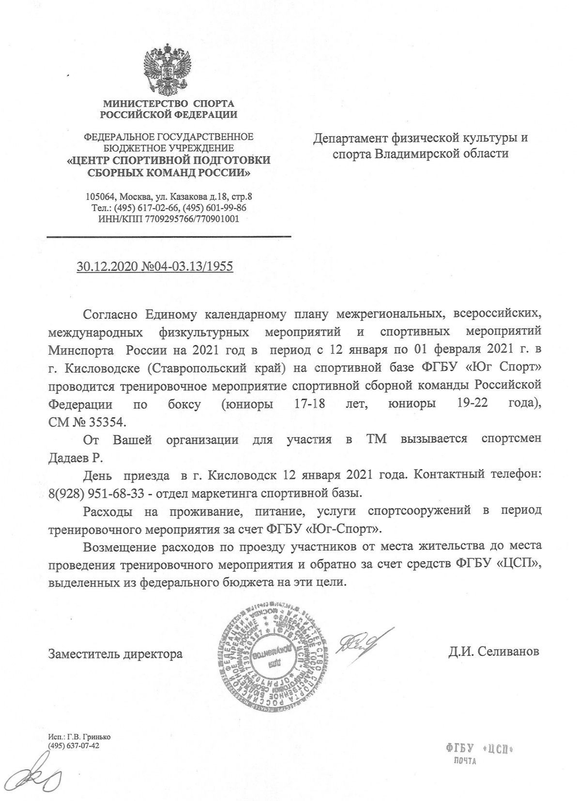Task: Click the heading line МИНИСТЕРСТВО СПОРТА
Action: (x=168, y=103)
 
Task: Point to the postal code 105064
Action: (x=100, y=197)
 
